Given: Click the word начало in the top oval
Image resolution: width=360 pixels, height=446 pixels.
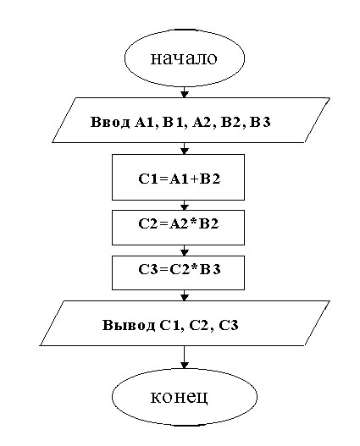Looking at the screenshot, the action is click(184, 58).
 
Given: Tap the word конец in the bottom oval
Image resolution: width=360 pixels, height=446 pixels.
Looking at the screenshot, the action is click(180, 397).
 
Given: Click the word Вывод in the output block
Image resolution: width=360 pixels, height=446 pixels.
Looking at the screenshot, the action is click(129, 325).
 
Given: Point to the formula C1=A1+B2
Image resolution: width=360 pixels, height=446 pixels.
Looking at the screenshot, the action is click(180, 179).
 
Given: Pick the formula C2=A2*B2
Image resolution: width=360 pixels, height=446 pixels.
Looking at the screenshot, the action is click(179, 224).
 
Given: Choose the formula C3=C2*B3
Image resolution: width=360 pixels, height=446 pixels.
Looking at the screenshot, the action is click(180, 269).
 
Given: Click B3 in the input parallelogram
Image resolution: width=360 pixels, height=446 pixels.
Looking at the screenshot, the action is click(260, 122).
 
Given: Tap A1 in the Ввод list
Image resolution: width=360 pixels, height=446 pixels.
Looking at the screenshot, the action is click(145, 123).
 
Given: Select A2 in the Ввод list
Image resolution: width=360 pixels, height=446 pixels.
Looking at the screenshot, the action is click(202, 123).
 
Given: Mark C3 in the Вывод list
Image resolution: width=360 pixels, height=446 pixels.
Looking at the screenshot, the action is click(229, 325).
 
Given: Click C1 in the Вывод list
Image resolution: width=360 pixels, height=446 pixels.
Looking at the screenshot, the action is click(169, 325).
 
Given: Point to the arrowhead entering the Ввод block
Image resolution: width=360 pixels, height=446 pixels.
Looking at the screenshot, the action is click(185, 95).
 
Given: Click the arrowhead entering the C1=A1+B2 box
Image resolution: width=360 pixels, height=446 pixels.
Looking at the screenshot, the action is click(185, 151).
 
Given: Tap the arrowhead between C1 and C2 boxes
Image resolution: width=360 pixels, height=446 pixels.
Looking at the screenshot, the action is click(185, 207).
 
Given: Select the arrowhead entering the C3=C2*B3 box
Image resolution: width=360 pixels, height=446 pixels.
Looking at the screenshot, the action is click(185, 252).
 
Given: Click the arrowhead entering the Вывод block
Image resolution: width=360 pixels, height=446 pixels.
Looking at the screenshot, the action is click(185, 297).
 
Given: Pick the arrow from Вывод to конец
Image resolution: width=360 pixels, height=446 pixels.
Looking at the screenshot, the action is click(185, 357).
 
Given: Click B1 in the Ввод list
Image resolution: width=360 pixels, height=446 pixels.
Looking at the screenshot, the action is click(173, 123).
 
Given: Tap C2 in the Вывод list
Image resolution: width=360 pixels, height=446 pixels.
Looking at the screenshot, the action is click(199, 325).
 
